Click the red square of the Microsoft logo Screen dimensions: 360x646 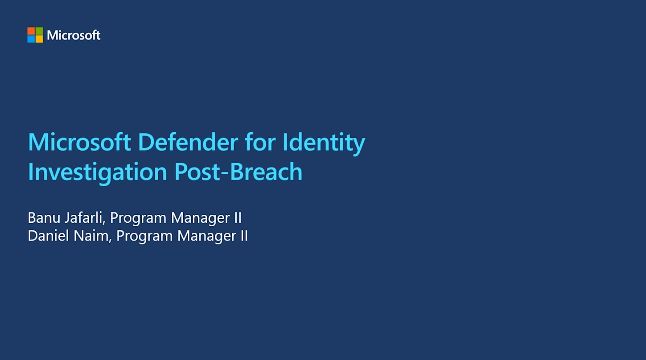31,31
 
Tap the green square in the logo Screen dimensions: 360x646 39,31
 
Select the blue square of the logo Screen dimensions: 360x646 31,39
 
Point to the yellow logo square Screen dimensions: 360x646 39,39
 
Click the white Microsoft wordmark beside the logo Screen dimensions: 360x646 74,35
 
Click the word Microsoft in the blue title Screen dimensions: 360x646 79,143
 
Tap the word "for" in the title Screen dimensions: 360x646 260,143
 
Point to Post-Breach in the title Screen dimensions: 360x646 239,172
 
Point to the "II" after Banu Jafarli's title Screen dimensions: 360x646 238,218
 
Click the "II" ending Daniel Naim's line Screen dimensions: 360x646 244,236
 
